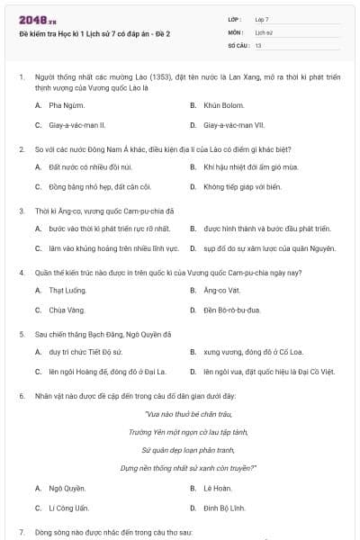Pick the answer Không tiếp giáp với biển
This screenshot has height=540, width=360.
(x=242, y=187)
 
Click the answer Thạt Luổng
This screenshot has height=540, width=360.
(x=67, y=290)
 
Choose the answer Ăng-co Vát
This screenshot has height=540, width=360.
(x=221, y=290)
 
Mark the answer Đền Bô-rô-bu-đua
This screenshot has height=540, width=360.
(x=231, y=310)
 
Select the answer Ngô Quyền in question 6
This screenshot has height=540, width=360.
(x=67, y=488)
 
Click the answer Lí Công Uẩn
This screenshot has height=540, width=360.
(x=68, y=508)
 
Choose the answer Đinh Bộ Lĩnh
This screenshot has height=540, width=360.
(x=224, y=508)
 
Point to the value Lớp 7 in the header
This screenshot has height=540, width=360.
(x=262, y=19)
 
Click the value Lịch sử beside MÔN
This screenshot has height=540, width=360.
(x=263, y=31)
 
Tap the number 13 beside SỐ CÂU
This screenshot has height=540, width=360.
(x=258, y=44)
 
